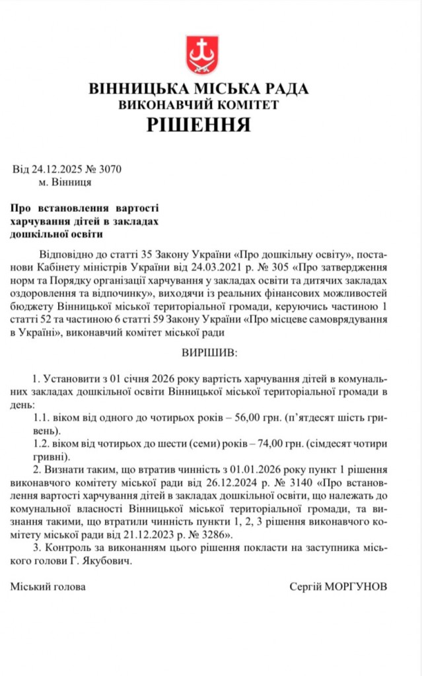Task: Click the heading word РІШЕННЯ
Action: tap(198, 125)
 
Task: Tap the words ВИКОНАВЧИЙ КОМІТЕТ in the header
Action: tap(199, 104)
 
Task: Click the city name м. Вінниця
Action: tap(65, 182)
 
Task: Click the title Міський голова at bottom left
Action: tap(48, 586)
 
